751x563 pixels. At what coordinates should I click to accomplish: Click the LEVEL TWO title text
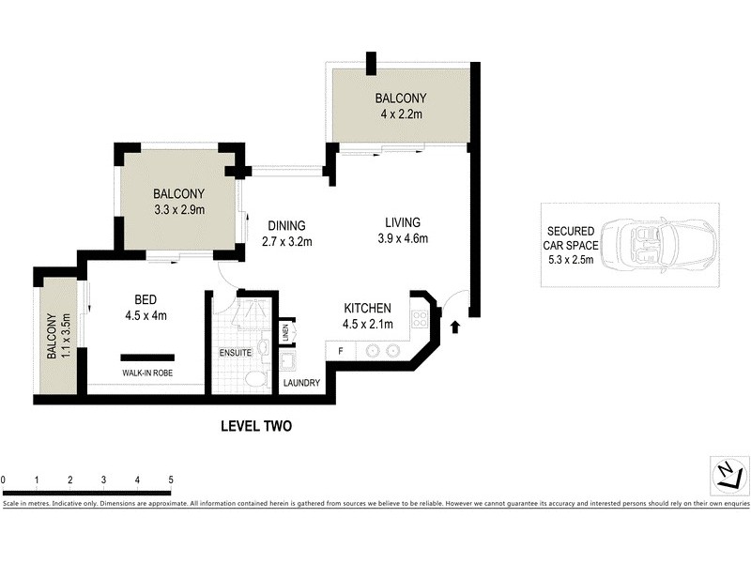(x=256, y=426)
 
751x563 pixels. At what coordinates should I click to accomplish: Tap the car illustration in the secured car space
(x=656, y=247)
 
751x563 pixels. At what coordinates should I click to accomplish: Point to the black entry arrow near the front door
(x=456, y=327)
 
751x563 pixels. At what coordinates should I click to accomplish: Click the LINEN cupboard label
(x=285, y=332)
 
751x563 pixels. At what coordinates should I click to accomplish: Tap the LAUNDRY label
(x=301, y=383)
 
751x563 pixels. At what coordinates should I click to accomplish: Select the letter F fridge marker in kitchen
(x=339, y=353)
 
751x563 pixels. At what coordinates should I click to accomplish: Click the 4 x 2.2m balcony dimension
(x=401, y=115)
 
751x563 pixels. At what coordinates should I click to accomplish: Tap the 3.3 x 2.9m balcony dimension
(x=178, y=210)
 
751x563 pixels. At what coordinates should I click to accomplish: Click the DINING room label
(x=286, y=225)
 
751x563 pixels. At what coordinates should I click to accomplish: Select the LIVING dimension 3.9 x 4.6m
(x=401, y=238)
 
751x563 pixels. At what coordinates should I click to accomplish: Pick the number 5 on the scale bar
(x=171, y=480)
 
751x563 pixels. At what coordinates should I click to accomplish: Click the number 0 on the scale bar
(x=4, y=480)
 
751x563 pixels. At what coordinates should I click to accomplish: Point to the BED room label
(x=146, y=300)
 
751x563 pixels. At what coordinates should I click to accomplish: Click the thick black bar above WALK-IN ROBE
(x=147, y=357)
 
